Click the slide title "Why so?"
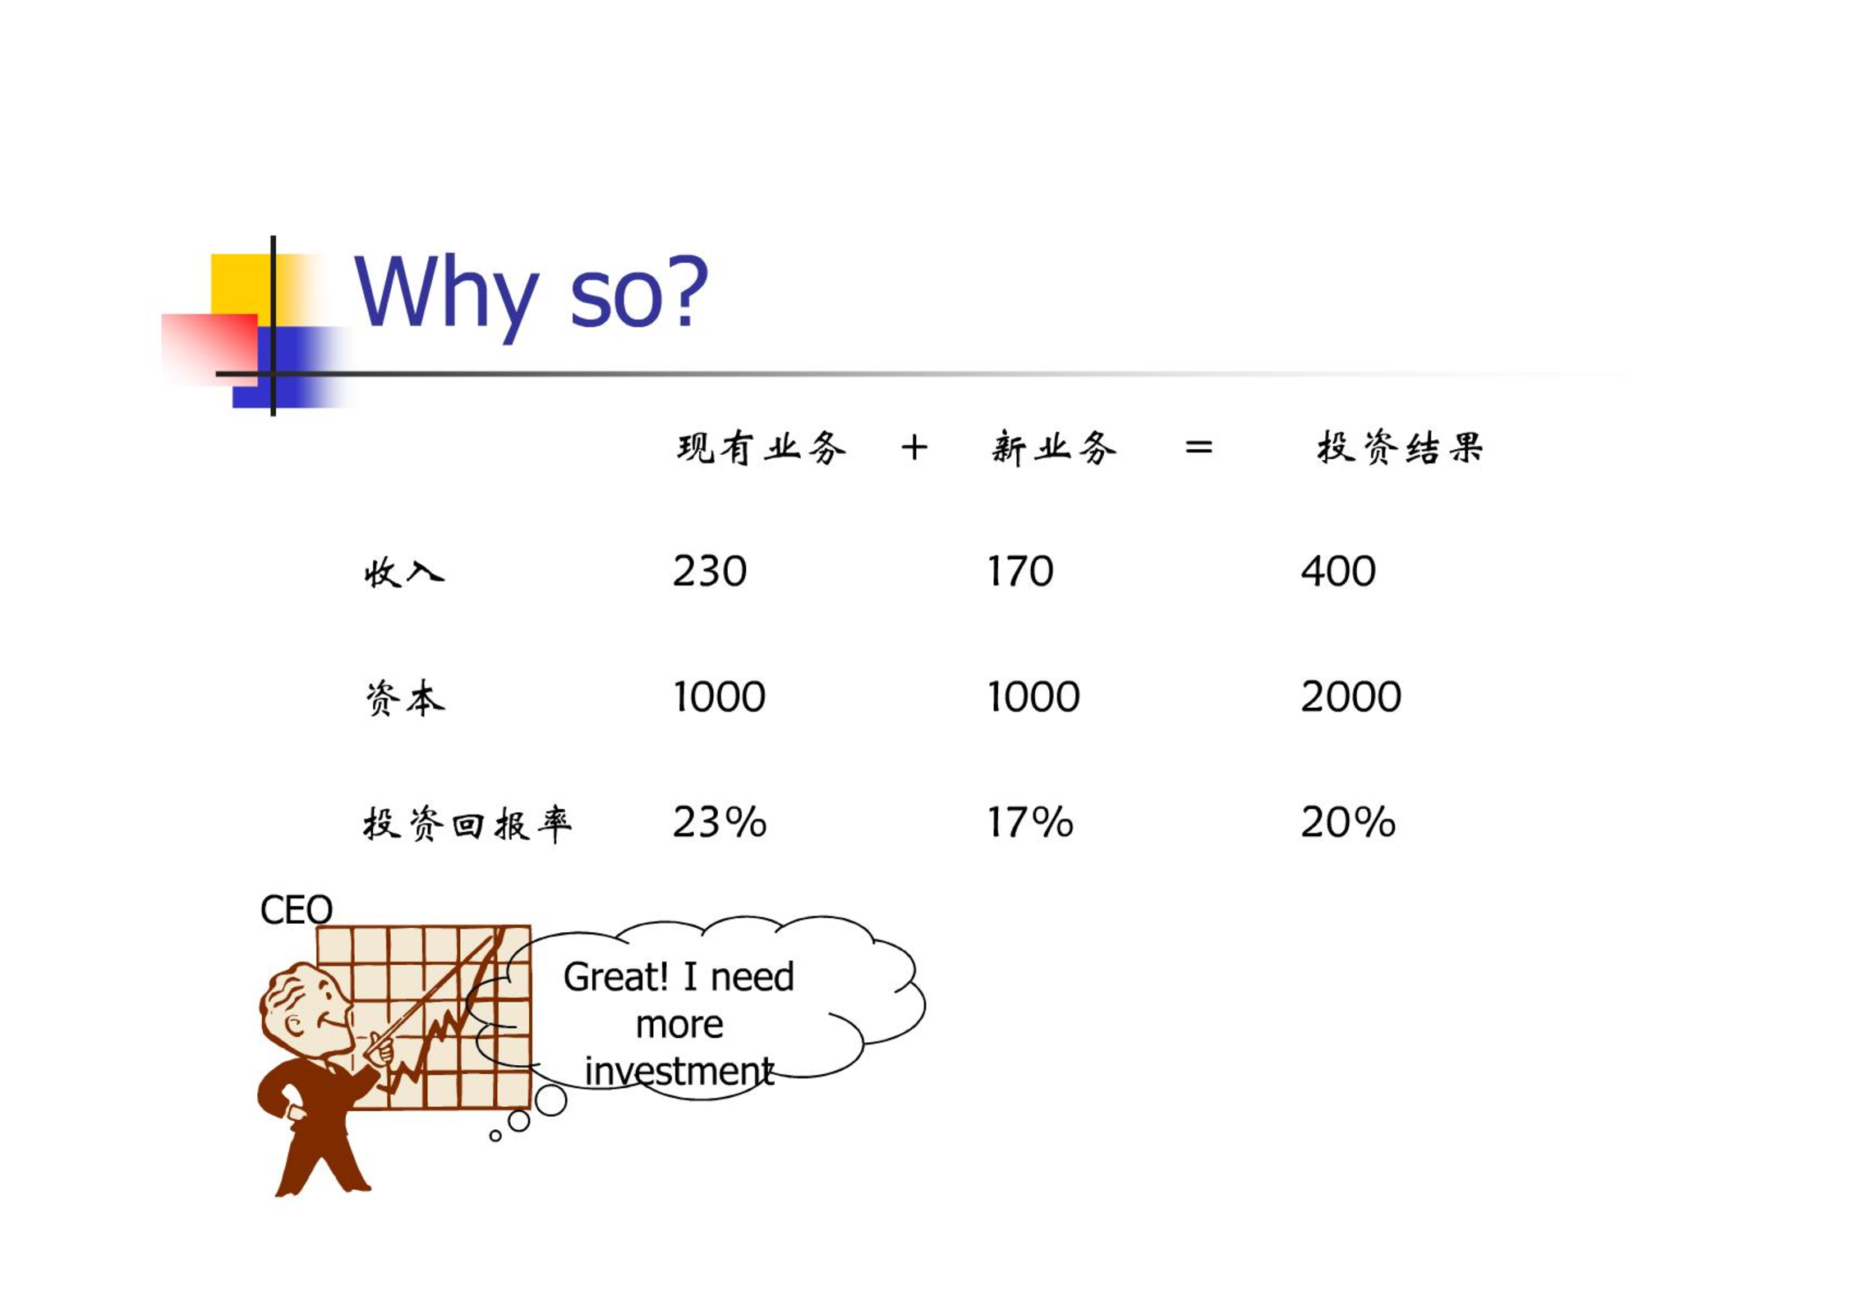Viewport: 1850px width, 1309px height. click(x=531, y=294)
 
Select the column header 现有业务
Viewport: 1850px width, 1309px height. click(x=761, y=448)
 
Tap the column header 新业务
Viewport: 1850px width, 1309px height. click(x=1054, y=448)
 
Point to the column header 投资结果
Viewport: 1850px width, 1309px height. click(x=1400, y=448)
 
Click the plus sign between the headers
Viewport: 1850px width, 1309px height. click(x=914, y=448)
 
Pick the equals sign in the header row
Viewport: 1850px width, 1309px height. click(x=1199, y=448)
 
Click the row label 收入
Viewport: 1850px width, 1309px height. click(x=404, y=572)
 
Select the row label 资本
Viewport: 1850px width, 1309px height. click(x=404, y=698)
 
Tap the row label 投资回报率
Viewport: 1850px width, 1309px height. click(x=467, y=824)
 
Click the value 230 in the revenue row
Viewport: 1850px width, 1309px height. click(x=710, y=571)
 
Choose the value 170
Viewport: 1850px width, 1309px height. click(x=1019, y=571)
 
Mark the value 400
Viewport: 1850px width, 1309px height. click(x=1337, y=571)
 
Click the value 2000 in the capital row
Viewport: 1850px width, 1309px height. click(x=1351, y=696)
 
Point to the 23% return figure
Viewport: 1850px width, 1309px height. click(x=720, y=822)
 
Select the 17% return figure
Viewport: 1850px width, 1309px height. click(x=1030, y=822)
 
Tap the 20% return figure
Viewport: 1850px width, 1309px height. click(x=1348, y=822)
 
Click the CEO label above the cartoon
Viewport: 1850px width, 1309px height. click(x=296, y=910)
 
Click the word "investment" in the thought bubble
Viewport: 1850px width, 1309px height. click(x=679, y=1071)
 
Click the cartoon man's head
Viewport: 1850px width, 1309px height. click(x=306, y=1008)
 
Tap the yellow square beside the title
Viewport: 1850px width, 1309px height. click(x=242, y=284)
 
